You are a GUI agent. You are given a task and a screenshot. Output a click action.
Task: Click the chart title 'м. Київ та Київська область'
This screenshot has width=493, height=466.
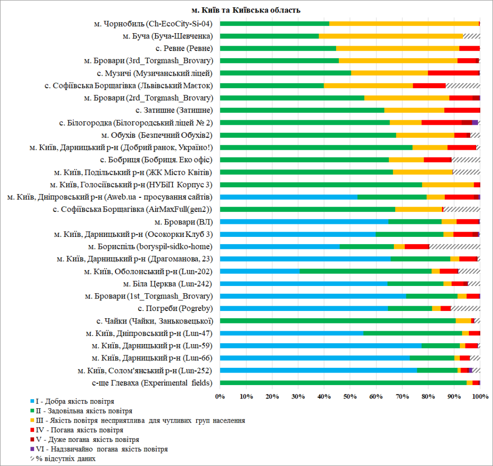click(x=246, y=10)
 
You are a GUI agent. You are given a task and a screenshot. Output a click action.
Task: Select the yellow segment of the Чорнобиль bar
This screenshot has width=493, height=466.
click(x=404, y=23)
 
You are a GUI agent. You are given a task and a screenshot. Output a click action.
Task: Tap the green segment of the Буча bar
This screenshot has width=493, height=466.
click(x=269, y=36)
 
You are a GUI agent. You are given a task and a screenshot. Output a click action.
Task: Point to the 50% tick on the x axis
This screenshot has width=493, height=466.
click(x=350, y=396)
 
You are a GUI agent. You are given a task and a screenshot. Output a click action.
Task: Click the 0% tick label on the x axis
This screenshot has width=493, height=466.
click(x=220, y=396)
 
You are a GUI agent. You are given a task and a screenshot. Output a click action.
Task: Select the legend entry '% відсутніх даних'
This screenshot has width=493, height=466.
click(x=63, y=459)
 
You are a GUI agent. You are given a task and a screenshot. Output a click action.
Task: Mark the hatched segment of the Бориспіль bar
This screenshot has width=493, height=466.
click(x=454, y=246)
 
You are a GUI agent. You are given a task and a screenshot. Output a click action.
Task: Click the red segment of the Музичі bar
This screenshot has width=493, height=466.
click(x=454, y=73)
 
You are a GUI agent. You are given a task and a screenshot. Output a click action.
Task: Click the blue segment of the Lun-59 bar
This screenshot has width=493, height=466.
click(x=321, y=346)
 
